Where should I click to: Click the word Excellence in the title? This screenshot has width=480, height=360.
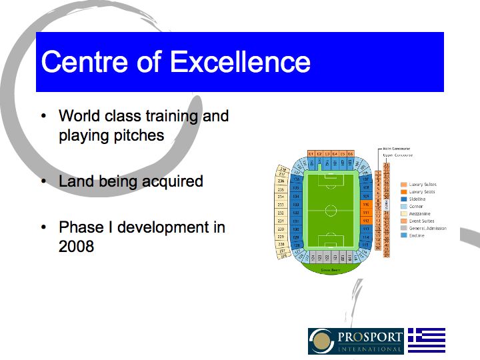coord(240,62)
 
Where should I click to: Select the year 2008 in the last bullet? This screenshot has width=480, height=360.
coord(76,246)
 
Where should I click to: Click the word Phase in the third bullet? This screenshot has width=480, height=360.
coord(80,227)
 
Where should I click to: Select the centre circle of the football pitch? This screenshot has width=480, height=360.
coord(331,211)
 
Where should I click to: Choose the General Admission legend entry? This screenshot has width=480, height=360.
coord(427,228)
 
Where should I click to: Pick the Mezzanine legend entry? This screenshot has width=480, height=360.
coord(421,213)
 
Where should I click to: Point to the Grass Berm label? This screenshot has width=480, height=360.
coord(331,270)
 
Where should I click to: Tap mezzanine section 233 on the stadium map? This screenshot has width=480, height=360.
coord(281,205)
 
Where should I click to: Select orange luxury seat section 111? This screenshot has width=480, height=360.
coord(366,213)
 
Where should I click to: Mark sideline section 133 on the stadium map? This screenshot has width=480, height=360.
coord(296,205)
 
